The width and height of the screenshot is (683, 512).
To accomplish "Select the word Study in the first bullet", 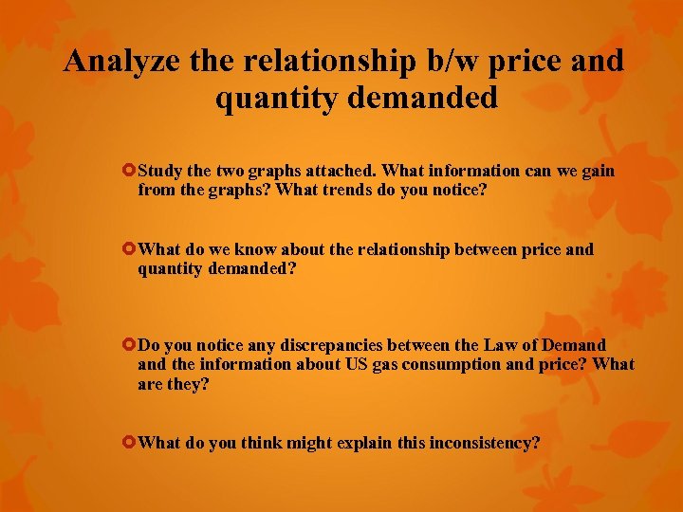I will pyautogui.click(x=159, y=172).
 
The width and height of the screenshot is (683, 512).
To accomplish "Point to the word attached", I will pyautogui.click(x=337, y=172).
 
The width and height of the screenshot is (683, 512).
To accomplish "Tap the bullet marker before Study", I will pyautogui.click(x=129, y=172).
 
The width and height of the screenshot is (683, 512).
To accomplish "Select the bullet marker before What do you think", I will pyautogui.click(x=129, y=443).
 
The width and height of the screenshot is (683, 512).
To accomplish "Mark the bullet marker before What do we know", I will pyautogui.click(x=129, y=250).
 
